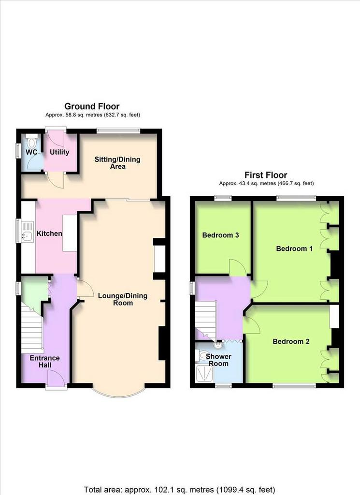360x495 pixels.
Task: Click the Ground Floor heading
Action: point(92,106)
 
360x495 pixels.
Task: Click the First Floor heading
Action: point(266,175)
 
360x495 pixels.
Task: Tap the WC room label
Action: point(31,152)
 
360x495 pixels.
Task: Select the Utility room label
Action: point(59,152)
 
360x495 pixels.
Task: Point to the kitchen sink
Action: point(28,232)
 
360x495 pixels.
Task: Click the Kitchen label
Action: point(49,233)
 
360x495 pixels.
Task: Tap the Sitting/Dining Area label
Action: point(117,163)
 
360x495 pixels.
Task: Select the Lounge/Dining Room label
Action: point(123,299)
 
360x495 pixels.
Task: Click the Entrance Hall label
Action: point(45,362)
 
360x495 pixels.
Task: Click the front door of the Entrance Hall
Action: point(57,378)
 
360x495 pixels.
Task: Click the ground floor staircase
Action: point(32,328)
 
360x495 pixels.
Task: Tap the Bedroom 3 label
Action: point(220,235)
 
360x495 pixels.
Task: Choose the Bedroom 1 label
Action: point(294,249)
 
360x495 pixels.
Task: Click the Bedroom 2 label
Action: point(291,342)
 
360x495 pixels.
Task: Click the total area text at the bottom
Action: point(180,490)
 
